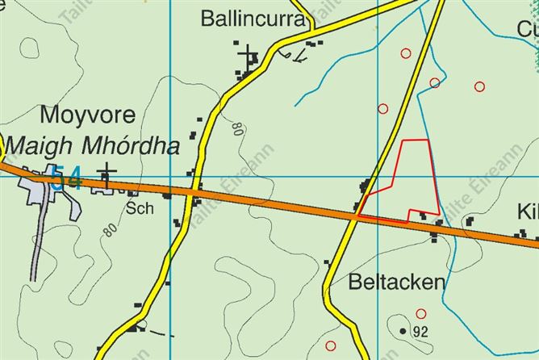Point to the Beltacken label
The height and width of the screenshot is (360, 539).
(397, 282)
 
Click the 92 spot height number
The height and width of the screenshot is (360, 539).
(420, 331)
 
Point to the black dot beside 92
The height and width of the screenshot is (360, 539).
(403, 330)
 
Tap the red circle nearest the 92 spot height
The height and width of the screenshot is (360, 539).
(420, 313)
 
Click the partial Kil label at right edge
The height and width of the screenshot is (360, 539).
(528, 212)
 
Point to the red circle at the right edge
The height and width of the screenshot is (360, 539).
(480, 86)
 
